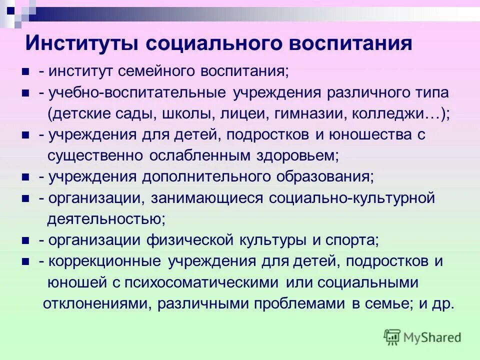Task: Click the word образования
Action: pyautogui.click(x=322, y=177)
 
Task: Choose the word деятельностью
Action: pyautogui.click(x=106, y=219)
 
